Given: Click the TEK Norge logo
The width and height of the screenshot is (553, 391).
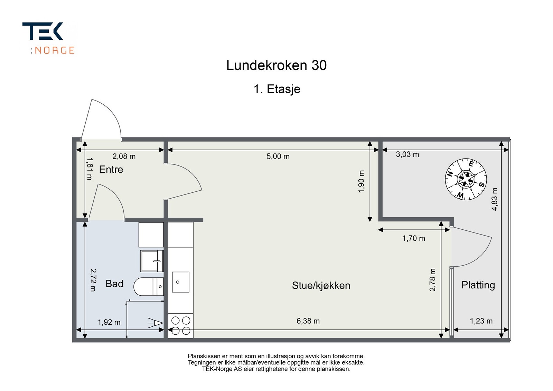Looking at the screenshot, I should pyautogui.click(x=48, y=38).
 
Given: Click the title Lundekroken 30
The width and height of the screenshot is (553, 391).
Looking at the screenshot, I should pyautogui.click(x=276, y=65).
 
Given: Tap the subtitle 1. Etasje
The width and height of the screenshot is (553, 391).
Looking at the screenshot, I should pyautogui.click(x=277, y=89).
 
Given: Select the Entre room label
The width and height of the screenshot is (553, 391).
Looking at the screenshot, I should pyautogui.click(x=111, y=169).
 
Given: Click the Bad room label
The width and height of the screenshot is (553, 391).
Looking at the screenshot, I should pyautogui.click(x=114, y=284).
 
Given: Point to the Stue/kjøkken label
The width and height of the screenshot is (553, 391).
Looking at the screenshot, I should pyautogui.click(x=321, y=285).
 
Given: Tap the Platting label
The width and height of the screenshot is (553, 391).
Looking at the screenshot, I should pyautogui.click(x=478, y=285).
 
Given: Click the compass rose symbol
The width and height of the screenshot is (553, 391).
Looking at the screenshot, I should pyautogui.click(x=466, y=179).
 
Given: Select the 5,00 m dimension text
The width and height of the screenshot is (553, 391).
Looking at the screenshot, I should pyautogui.click(x=278, y=156).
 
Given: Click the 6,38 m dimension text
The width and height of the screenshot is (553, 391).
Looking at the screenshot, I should pyautogui.click(x=308, y=321).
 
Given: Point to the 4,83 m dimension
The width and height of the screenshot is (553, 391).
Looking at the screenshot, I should pyautogui.click(x=495, y=199).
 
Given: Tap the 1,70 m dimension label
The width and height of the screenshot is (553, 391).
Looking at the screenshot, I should pyautogui.click(x=414, y=238).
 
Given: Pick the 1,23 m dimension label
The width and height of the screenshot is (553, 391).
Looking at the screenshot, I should pyautogui.click(x=481, y=321).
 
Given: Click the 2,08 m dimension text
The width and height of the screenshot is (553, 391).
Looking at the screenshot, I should pyautogui.click(x=124, y=156).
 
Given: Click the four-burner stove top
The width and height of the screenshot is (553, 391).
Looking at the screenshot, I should pyautogui.click(x=181, y=325).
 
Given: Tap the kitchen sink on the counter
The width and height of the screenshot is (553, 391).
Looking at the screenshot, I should pyautogui.click(x=180, y=282).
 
